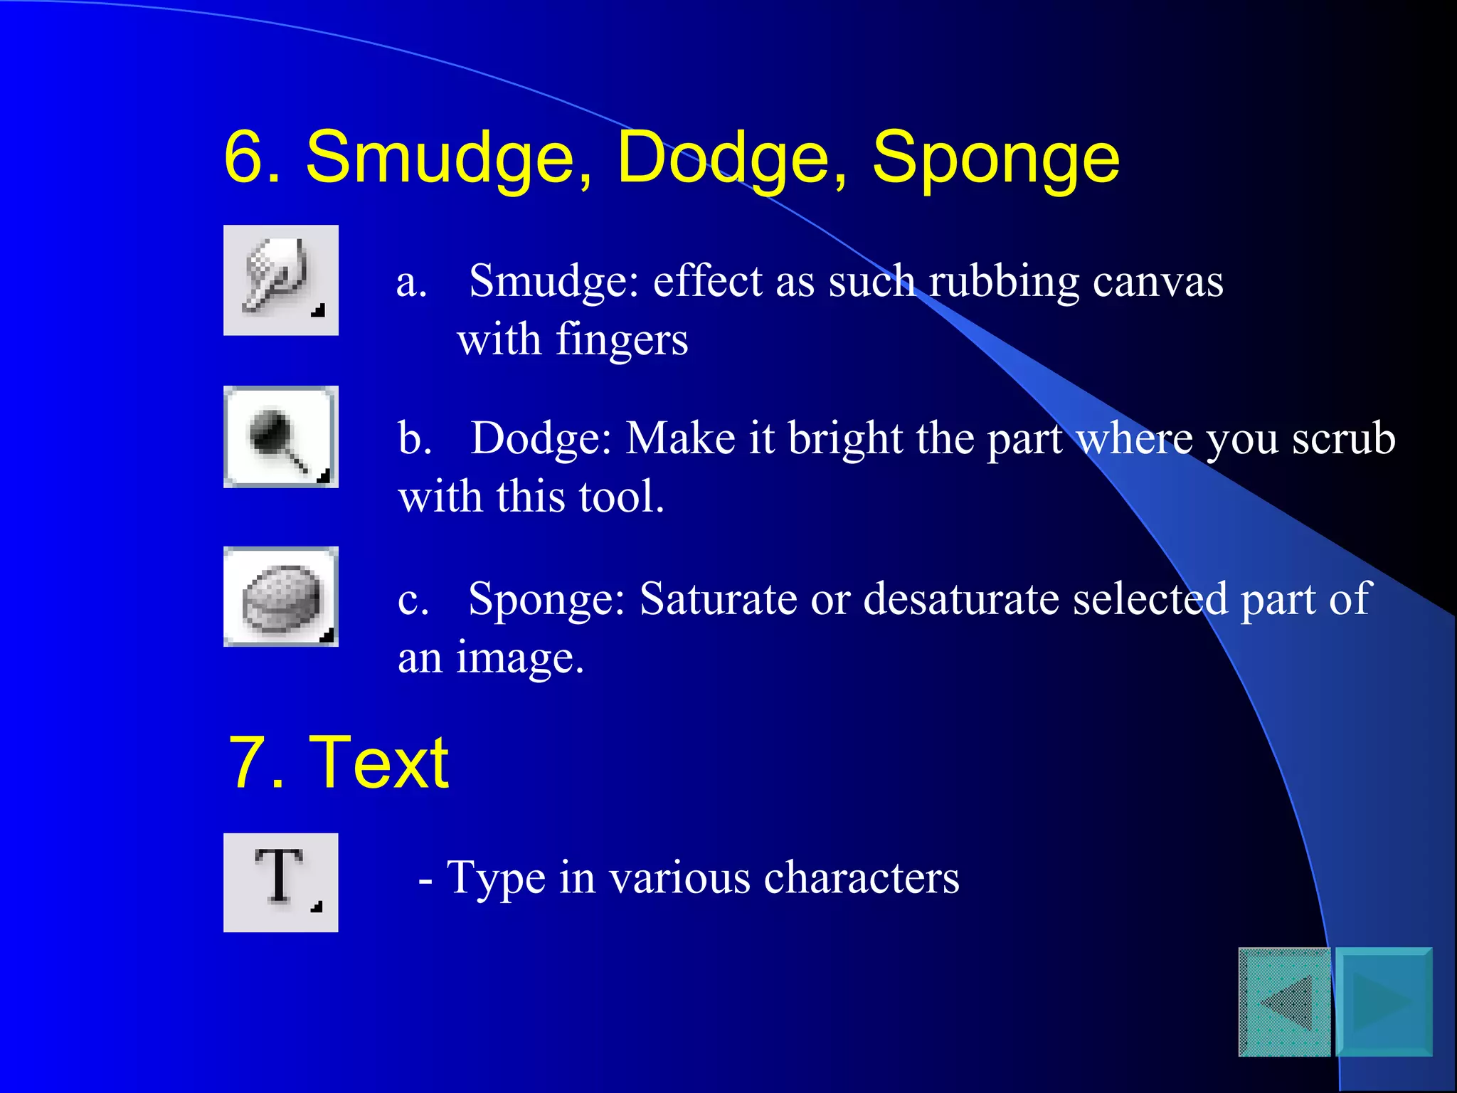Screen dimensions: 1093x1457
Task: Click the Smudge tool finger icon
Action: [280, 280]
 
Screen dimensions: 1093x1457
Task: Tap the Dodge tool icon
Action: [280, 437]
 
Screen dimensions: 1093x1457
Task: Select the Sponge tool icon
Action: [280, 597]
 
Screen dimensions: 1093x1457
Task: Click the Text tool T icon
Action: [280, 882]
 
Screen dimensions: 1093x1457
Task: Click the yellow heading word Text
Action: [378, 763]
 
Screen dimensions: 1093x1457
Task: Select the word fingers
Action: [621, 340]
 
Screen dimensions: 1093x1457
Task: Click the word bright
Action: [845, 439]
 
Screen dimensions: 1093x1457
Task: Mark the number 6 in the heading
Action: [245, 159]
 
